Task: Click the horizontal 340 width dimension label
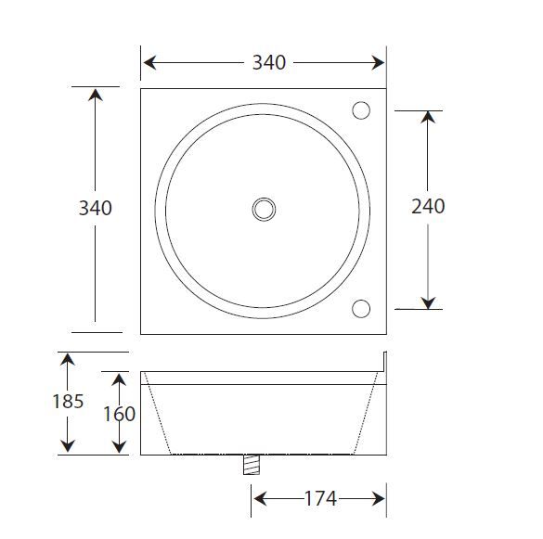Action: point(269,63)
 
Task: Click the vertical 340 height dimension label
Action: point(95,208)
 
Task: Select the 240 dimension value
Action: point(428,206)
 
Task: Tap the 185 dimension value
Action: point(68,402)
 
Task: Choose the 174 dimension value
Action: point(320,499)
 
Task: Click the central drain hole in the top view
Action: point(265,209)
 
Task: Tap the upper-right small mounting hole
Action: point(362,110)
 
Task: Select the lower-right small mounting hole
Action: point(362,308)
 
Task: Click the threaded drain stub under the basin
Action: point(251,464)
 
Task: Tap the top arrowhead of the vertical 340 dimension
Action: point(95,94)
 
